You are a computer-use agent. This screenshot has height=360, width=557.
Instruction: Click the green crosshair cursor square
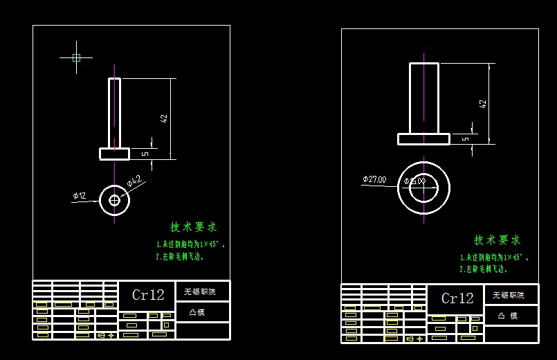coord(76,57)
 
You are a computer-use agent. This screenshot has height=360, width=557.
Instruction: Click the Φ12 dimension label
coord(80,196)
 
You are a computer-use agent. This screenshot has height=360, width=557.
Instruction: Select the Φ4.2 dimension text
coord(134,182)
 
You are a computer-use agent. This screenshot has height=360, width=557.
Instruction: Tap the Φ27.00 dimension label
coord(374,179)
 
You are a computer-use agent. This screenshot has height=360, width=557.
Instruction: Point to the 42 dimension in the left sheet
coord(164,118)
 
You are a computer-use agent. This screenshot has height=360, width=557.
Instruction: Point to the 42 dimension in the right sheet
coord(483,104)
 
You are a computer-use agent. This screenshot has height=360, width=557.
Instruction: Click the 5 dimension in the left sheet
coord(145,153)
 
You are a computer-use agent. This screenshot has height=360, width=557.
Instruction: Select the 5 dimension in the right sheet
coord(465,138)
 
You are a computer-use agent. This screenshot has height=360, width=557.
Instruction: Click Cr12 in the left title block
coord(148,295)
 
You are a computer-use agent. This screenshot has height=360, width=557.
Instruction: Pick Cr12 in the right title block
coord(457,298)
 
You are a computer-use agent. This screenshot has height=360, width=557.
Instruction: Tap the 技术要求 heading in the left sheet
coord(194,227)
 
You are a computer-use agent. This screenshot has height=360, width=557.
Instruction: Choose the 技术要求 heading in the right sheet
coord(497,240)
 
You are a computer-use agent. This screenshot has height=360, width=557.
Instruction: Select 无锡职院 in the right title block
coord(509,295)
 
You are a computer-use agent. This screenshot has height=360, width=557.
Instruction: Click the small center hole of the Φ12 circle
coord(114,200)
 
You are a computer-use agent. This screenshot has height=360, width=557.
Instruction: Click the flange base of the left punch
coord(114,154)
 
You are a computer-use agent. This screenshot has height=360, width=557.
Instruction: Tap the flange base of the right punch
coord(423,139)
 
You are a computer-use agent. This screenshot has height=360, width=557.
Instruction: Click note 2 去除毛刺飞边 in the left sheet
coord(179,256)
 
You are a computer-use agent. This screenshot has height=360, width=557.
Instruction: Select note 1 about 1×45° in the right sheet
coord(493,257)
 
